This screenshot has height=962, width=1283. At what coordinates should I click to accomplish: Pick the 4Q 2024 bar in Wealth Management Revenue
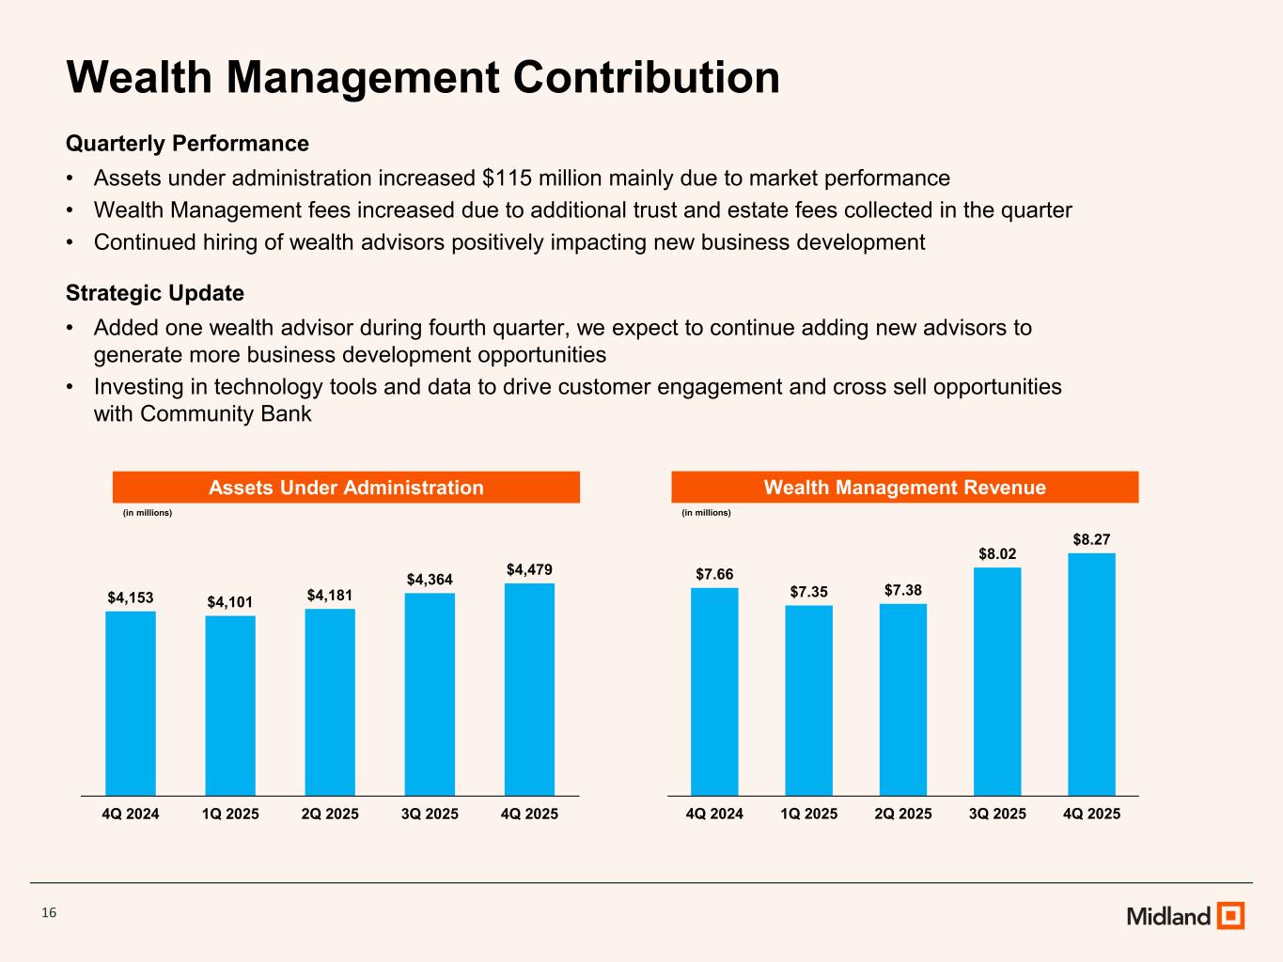pyautogui.click(x=714, y=691)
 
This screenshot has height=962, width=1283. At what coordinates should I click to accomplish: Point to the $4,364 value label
pyautogui.click(x=430, y=580)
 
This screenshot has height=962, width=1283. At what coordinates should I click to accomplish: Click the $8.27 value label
pyautogui.click(x=1091, y=539)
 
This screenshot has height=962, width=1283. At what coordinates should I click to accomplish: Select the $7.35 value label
pyautogui.click(x=808, y=592)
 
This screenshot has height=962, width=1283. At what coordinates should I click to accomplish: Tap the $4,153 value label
pyautogui.click(x=131, y=597)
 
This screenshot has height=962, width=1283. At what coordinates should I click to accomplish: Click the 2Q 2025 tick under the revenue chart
pyautogui.click(x=903, y=814)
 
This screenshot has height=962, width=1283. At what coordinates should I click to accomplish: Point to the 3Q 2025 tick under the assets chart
pyautogui.click(x=430, y=814)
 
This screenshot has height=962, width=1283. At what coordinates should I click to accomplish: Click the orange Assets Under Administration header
pyautogui.click(x=346, y=488)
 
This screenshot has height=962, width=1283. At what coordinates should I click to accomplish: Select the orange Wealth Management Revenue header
pyautogui.click(x=904, y=488)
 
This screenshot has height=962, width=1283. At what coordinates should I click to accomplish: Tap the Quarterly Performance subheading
pyautogui.click(x=187, y=144)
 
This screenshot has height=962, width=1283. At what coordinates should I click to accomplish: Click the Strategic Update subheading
pyautogui.click(x=155, y=293)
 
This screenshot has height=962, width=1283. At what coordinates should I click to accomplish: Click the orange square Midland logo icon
pyautogui.click(x=1230, y=915)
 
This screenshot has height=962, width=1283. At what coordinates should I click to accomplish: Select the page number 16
pyautogui.click(x=49, y=913)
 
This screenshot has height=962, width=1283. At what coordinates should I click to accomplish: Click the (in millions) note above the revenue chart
pyautogui.click(x=706, y=513)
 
